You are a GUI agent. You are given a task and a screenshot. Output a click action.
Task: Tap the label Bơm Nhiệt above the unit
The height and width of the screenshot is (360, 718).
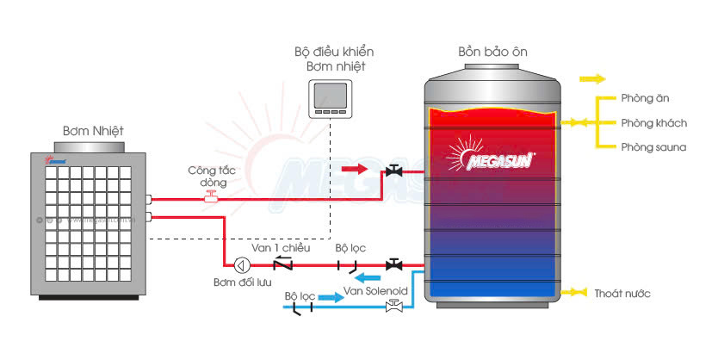click(93, 131)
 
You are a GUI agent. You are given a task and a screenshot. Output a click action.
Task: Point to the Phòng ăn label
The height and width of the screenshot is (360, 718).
click(639, 99)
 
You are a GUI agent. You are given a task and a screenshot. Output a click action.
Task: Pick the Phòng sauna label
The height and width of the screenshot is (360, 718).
click(653, 147)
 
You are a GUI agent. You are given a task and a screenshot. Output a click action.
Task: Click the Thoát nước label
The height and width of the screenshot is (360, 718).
click(622, 294)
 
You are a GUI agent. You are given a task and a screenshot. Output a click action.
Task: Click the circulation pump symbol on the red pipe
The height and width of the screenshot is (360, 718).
click(242, 264)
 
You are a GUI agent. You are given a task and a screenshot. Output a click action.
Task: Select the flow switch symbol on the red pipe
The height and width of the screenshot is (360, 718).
click(211, 198)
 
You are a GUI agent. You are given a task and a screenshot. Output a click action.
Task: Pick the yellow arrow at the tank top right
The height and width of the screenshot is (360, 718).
click(591, 78)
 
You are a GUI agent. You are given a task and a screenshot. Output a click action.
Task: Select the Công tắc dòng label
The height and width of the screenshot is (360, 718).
click(207, 177)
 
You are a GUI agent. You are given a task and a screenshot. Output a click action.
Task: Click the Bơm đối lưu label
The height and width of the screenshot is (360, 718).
click(242, 283)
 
